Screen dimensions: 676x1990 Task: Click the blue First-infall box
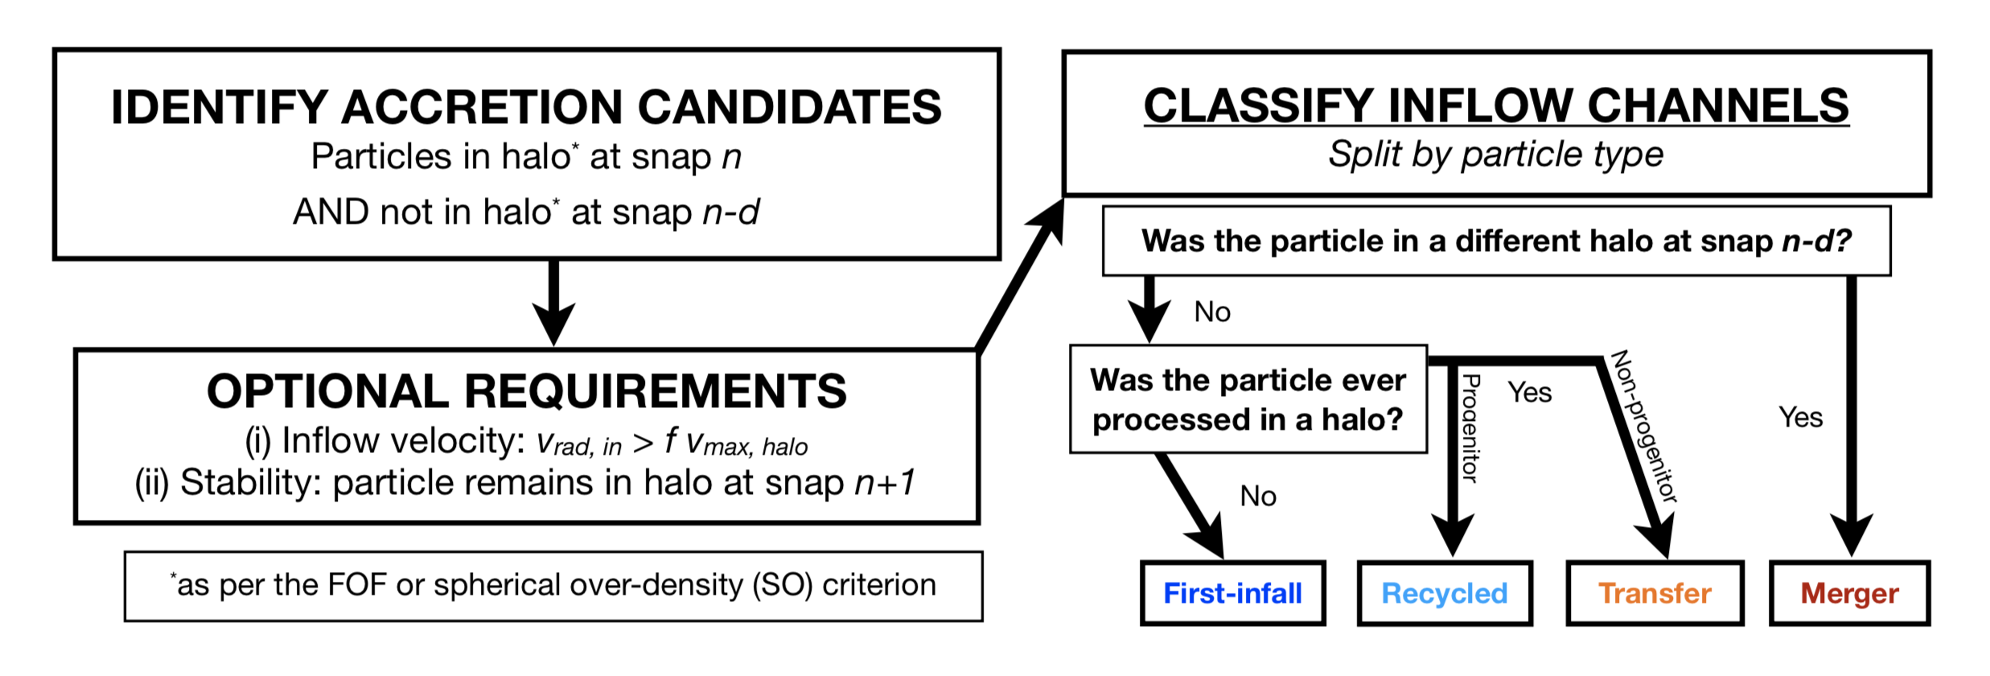(x=1232, y=593)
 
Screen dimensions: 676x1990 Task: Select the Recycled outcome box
(x=1445, y=593)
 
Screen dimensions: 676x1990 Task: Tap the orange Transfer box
(x=1655, y=593)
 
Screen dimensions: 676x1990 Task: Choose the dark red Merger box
(x=1849, y=593)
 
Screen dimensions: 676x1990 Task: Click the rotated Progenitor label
(x=1470, y=428)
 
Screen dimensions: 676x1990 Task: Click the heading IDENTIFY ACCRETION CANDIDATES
(x=526, y=107)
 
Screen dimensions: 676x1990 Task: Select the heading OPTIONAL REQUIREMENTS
(x=526, y=391)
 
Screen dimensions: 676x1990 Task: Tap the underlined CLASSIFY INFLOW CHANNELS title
(x=1496, y=105)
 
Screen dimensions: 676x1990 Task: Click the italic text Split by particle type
(x=1496, y=154)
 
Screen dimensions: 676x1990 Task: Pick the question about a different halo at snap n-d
(x=1496, y=241)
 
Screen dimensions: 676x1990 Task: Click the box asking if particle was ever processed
(x=1248, y=399)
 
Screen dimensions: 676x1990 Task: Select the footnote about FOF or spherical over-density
(x=553, y=585)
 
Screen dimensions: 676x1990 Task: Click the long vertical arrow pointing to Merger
(x=1851, y=402)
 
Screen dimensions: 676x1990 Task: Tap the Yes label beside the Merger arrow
(x=1800, y=417)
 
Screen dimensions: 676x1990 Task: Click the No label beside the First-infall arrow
(x=1258, y=496)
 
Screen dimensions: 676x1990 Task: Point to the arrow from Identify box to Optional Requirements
(x=553, y=302)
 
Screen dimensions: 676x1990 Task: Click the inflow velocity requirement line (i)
(x=526, y=442)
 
